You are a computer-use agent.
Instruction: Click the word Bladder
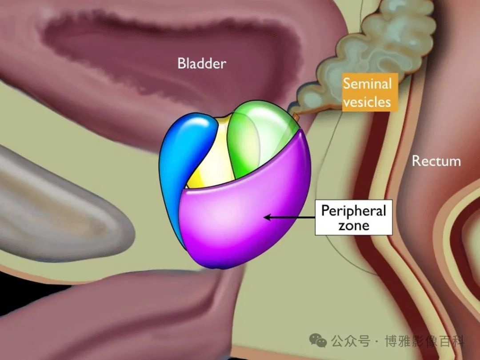point(202,64)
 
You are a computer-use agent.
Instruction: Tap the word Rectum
point(436,161)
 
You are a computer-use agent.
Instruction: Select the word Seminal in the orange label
point(367,83)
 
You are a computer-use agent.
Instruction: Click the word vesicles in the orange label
point(367,102)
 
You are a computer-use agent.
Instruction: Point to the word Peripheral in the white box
point(354,211)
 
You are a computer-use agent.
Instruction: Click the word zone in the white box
point(354,225)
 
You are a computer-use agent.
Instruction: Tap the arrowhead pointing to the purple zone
point(267,217)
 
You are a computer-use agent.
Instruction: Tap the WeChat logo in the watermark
point(318,340)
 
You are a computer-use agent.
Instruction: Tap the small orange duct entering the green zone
point(296,116)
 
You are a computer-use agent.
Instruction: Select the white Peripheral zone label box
point(354,217)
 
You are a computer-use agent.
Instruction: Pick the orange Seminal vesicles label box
point(370,92)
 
